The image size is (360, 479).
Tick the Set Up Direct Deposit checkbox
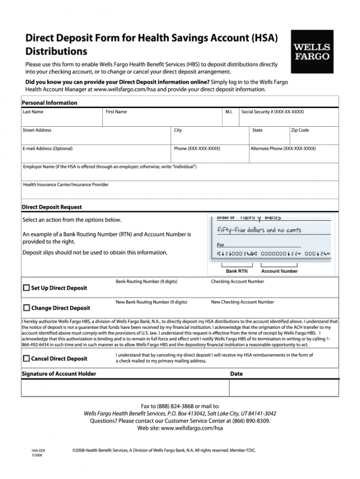click(x=26, y=288)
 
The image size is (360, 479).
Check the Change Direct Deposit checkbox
click(x=26, y=308)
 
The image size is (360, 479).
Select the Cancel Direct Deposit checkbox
click(x=26, y=358)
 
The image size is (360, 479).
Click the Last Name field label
click(x=33, y=112)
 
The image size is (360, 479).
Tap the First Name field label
click(x=116, y=112)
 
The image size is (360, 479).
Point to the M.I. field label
click(x=229, y=112)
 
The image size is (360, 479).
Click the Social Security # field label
click(x=273, y=112)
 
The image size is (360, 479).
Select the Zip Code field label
click(x=300, y=130)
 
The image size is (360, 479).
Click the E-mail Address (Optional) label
click(x=47, y=149)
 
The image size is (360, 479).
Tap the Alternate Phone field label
click(x=283, y=149)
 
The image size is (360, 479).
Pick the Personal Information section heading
click(x=49, y=103)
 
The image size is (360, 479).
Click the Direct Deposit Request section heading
click(x=52, y=207)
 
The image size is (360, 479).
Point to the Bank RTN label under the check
click(x=237, y=271)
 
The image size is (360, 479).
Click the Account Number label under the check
click(x=279, y=271)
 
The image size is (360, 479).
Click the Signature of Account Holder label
click(x=59, y=374)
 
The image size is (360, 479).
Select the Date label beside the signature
click(x=236, y=374)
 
